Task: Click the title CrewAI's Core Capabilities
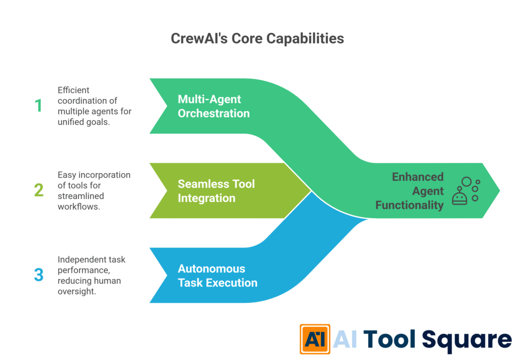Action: pos(257,39)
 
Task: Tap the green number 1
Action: pos(38,106)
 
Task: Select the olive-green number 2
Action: pos(39,191)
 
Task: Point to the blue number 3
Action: pos(39,275)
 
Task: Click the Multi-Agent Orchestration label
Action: pos(213,106)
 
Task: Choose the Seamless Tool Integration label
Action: pos(216,191)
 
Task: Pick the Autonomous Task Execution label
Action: pos(217,276)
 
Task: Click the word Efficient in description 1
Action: pos(73,90)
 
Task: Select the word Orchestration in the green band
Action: pos(213,113)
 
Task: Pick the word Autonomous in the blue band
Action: pos(211,268)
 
